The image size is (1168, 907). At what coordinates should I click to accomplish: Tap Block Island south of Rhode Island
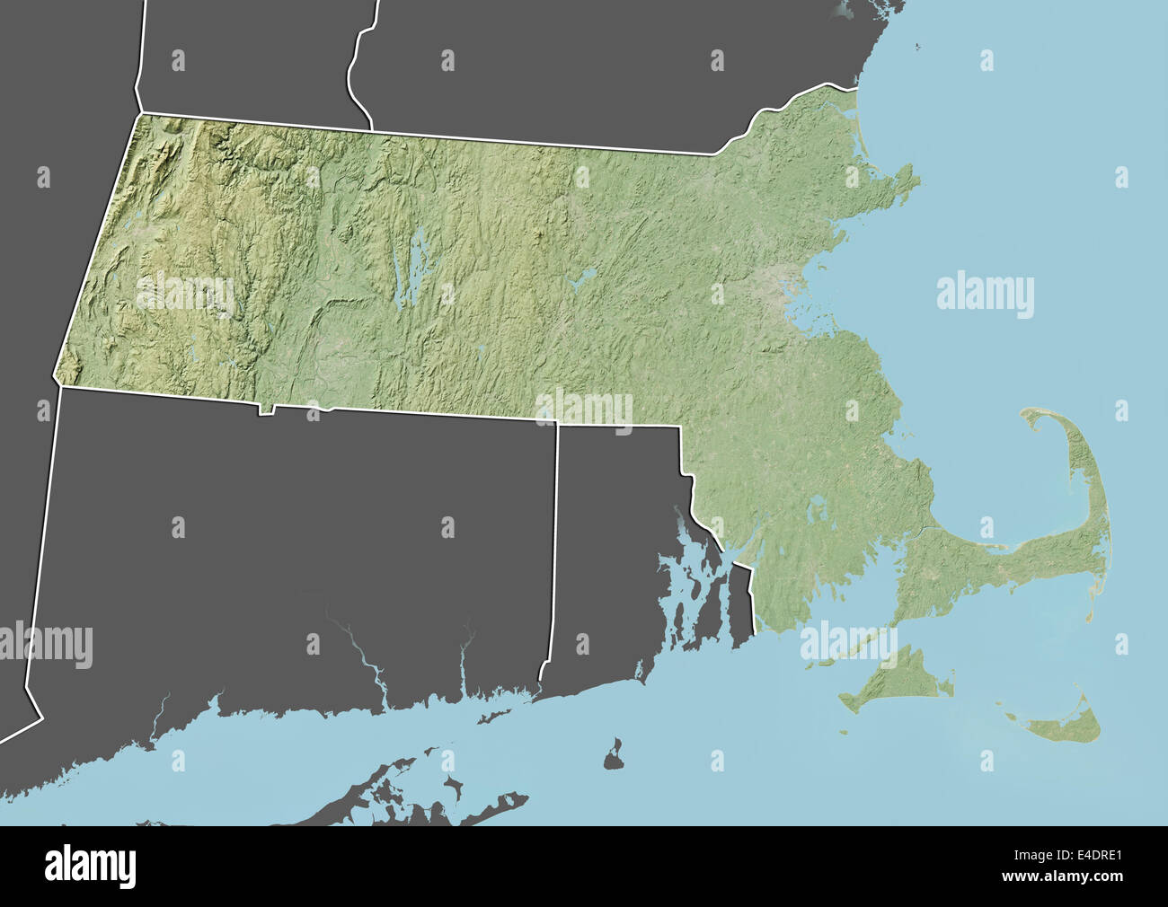pos(615,754)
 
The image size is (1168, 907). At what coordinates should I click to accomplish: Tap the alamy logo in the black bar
pos(90,866)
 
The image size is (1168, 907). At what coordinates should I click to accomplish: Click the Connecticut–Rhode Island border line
pos(554,548)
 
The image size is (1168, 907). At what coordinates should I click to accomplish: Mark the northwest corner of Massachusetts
pos(139,114)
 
